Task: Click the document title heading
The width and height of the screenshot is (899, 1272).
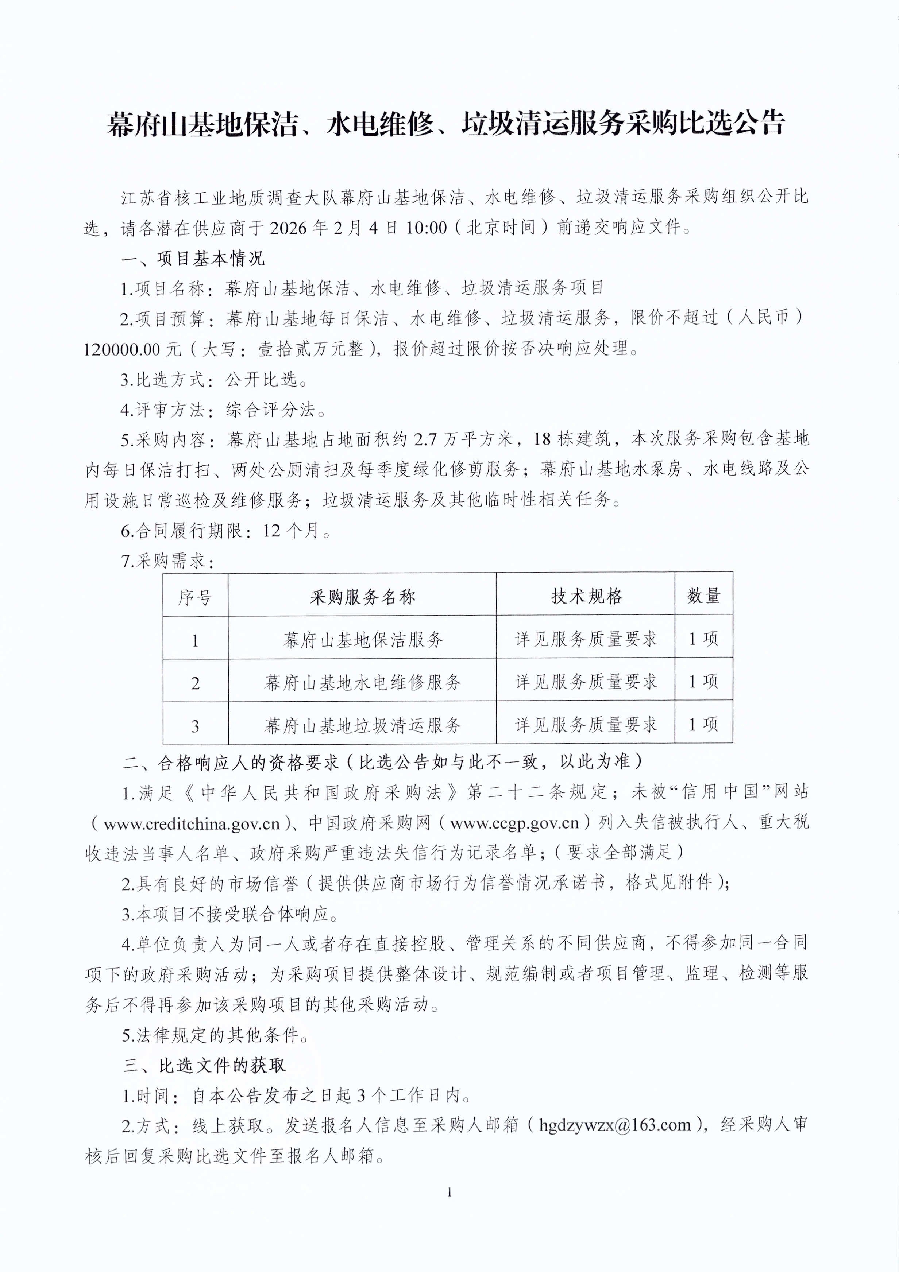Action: point(446,123)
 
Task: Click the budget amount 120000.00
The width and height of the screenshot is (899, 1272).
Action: point(121,349)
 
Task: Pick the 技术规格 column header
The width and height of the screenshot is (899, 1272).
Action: point(586,596)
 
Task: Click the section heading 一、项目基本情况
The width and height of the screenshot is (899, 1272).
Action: point(193,258)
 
